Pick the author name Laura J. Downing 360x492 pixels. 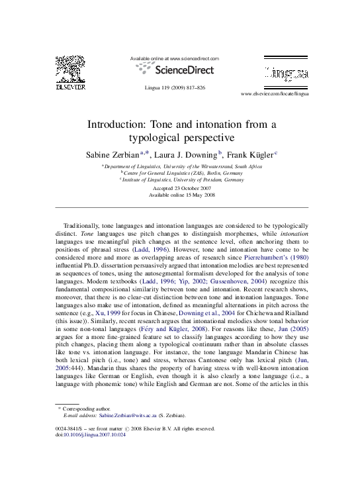point(188,154)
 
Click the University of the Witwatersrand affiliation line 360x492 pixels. point(182,166)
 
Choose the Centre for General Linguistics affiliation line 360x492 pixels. point(182,173)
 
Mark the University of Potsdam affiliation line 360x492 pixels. point(182,179)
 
